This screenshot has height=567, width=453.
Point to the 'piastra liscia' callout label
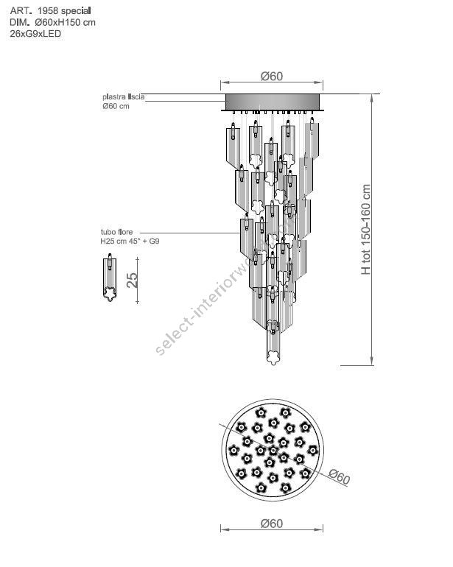coord(124,96)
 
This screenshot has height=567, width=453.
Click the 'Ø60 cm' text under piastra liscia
coord(117,106)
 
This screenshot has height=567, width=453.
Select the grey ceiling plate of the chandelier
coord(272,102)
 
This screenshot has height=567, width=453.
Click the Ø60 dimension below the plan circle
coord(272,524)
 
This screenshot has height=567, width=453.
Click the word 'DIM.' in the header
coord(19,23)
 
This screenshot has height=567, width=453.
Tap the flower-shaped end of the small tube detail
coord(110,295)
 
